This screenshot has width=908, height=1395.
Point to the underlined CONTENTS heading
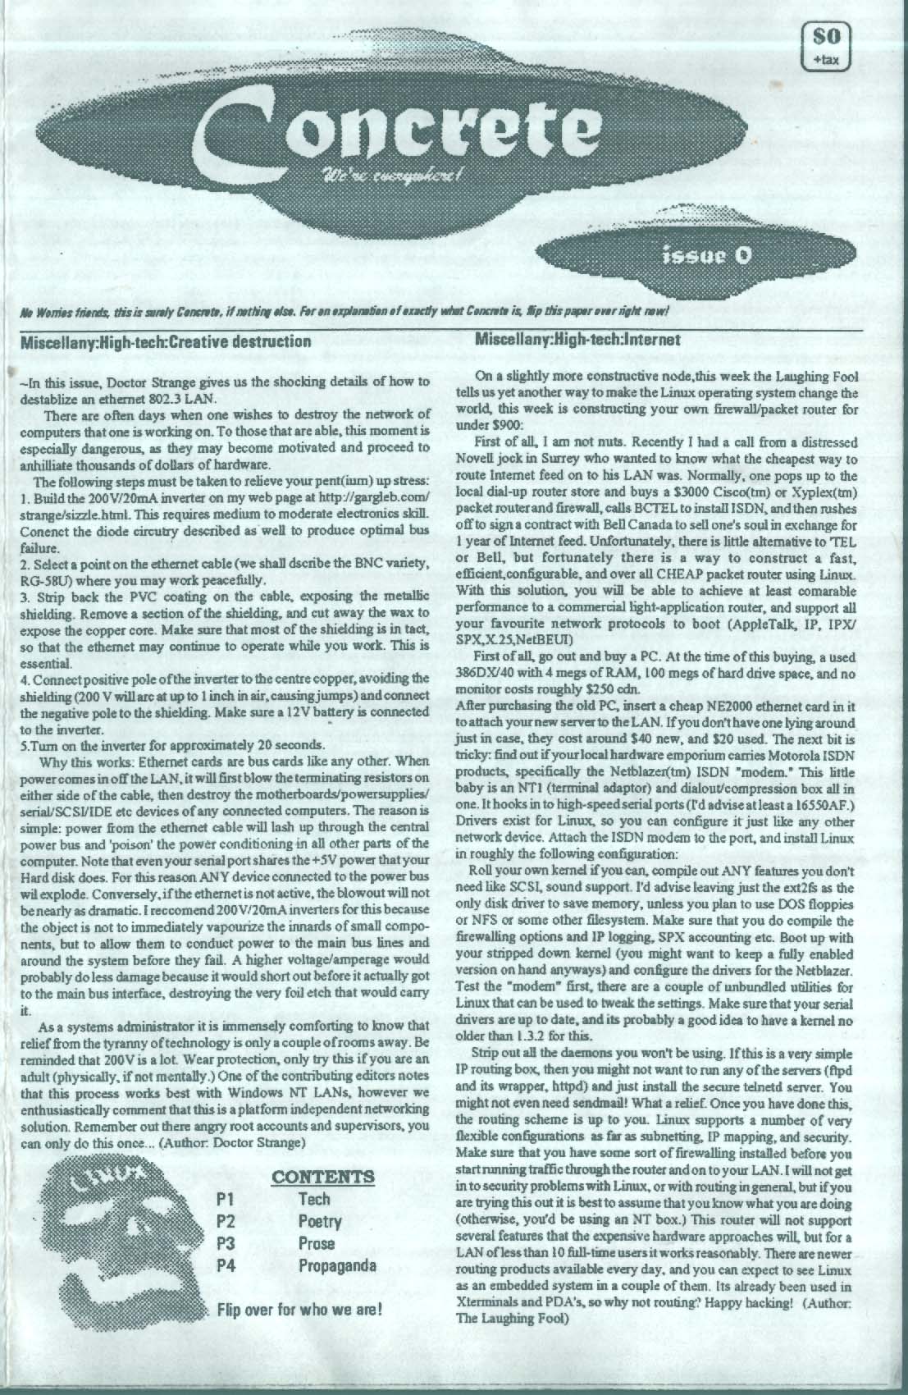coord(322,1177)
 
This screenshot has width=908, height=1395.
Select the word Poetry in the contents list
coord(320,1221)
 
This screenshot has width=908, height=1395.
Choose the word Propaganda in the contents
coord(337,1265)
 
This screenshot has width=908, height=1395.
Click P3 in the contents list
coord(226,1243)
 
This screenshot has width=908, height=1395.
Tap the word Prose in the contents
coord(317,1243)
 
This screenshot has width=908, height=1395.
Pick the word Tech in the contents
coord(314,1199)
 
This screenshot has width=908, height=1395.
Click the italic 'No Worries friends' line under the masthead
coord(344,311)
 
